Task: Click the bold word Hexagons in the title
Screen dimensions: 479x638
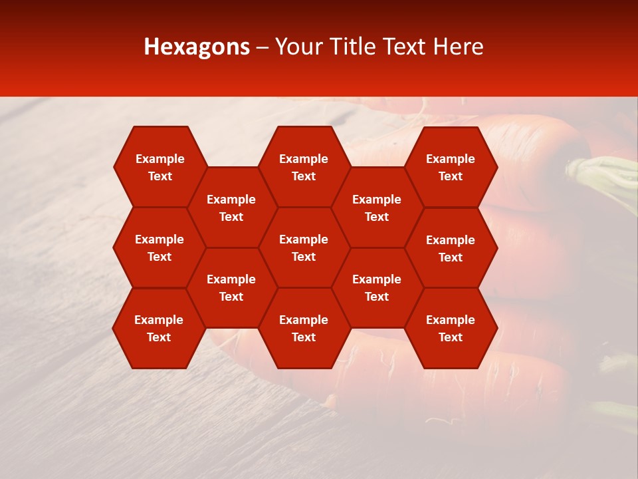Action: [197, 47]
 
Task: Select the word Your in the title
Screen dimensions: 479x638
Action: [297, 47]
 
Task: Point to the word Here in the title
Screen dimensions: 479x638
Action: [459, 47]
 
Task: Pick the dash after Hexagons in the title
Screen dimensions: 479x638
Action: [263, 47]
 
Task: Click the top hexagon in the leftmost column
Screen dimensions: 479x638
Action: [159, 167]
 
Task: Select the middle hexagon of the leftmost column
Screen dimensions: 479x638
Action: [159, 247]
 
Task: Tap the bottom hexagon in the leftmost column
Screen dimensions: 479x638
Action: [159, 328]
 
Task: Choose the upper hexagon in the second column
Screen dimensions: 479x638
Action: [231, 208]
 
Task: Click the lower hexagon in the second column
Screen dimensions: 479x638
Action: [231, 287]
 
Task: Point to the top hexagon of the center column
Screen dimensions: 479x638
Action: [304, 167]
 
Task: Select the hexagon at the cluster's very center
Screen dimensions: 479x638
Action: [304, 247]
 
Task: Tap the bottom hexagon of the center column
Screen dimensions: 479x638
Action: [304, 328]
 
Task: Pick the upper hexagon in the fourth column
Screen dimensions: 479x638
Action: [377, 208]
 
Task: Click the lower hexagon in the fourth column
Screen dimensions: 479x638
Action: [377, 287]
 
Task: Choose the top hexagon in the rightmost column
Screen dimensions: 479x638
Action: [451, 167]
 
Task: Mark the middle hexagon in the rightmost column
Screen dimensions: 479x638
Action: [451, 248]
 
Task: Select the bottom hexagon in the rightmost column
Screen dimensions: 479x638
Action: [451, 328]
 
